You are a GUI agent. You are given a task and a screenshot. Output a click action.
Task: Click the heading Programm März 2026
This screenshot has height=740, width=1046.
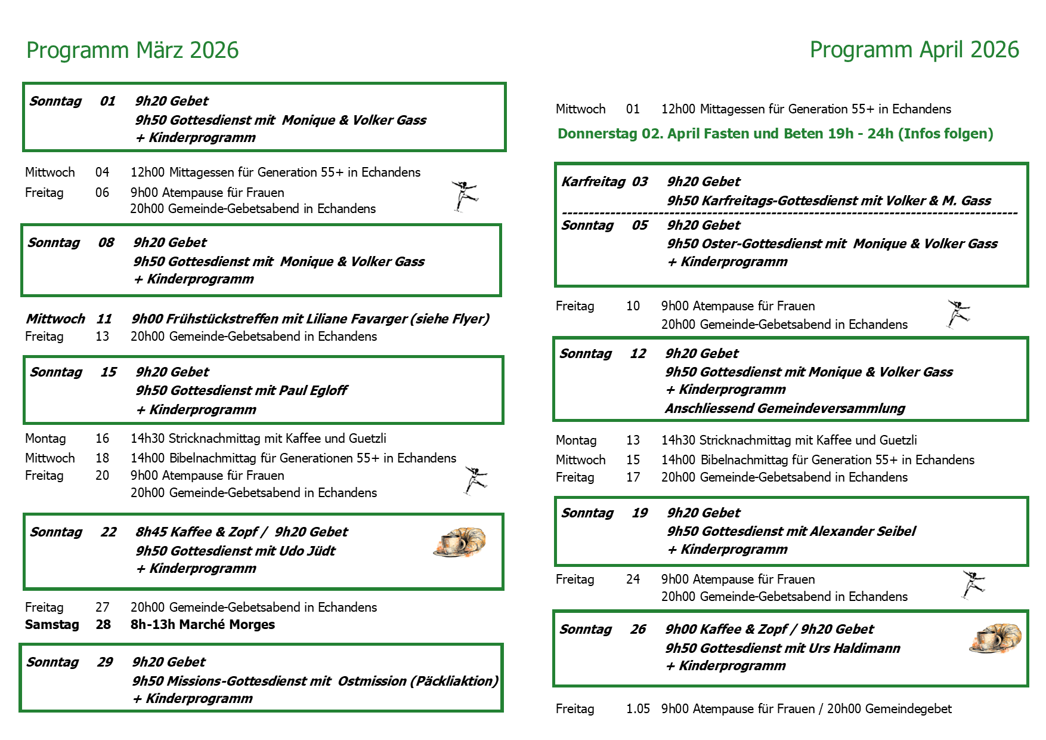[x=132, y=51]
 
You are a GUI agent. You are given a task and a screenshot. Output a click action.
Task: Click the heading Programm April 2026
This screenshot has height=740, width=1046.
[x=914, y=50]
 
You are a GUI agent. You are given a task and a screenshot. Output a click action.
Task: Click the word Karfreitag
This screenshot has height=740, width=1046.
[x=593, y=182]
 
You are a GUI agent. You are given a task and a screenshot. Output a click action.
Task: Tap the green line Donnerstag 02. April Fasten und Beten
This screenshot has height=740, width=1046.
[x=775, y=134]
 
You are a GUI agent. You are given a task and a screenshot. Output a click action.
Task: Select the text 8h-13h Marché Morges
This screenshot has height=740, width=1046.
[x=203, y=625]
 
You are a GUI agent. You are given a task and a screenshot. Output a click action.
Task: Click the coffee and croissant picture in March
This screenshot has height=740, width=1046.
[x=459, y=542]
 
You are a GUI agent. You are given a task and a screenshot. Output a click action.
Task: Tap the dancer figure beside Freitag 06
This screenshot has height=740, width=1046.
[x=465, y=196]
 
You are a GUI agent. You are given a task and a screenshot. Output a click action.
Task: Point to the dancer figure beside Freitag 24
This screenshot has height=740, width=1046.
[x=973, y=584]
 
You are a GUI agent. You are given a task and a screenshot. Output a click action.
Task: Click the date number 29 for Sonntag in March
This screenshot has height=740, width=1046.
[x=105, y=662]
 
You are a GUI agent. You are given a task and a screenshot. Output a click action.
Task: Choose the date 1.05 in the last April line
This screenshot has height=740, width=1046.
[x=637, y=709]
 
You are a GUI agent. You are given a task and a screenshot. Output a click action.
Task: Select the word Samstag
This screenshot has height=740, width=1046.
[x=52, y=625]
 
